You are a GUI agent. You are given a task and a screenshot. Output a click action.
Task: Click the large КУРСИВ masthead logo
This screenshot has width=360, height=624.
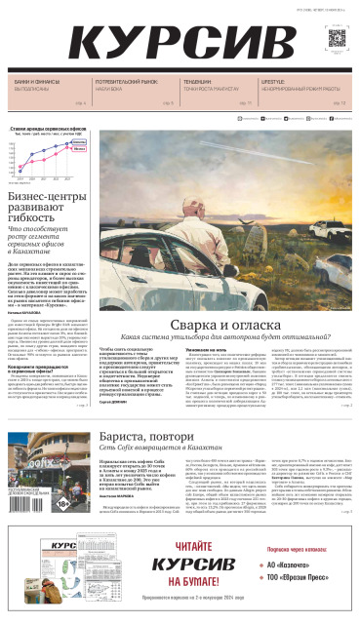click(176, 43)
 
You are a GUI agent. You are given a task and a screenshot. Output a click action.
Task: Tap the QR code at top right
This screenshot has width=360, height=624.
click(337, 40)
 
